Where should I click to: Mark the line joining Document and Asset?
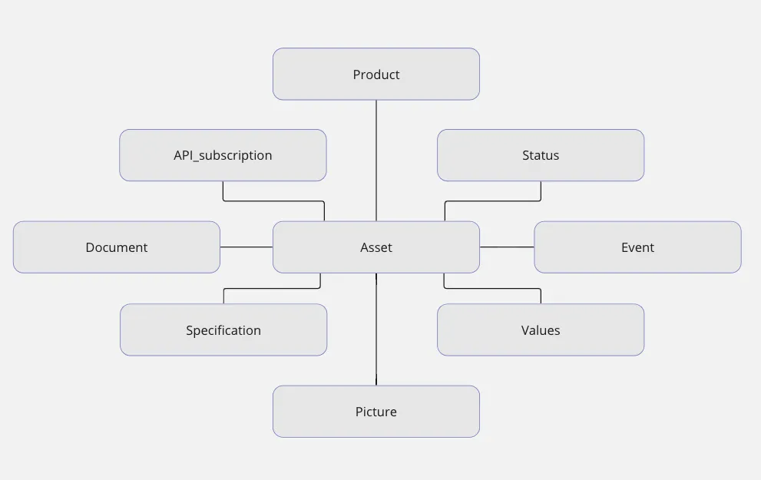tap(246, 247)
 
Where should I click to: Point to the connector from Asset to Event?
tap(507, 247)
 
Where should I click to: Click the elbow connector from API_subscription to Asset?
tap(273, 201)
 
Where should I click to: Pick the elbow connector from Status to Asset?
tap(492, 201)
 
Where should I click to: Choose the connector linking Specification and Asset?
tap(272, 288)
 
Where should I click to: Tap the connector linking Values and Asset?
tap(492, 288)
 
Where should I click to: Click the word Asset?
tap(376, 247)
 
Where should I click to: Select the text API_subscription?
tap(223, 155)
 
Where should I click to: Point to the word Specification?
tap(223, 330)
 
